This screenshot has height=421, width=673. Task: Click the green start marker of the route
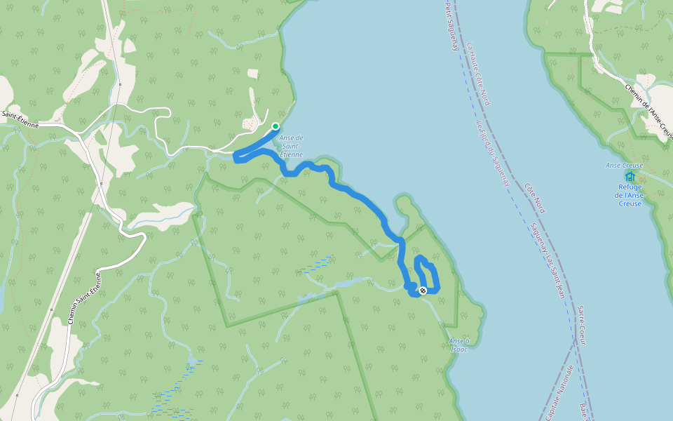pos(276,126)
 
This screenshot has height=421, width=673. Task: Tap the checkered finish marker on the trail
pos(423,290)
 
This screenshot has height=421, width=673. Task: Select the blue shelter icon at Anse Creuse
pos(630,177)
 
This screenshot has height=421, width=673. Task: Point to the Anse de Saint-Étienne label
pos(290,145)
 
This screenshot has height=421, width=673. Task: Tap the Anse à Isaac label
pos(458,345)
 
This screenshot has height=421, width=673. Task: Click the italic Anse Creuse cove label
pos(624,166)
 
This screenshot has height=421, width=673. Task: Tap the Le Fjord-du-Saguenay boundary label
pos(492,152)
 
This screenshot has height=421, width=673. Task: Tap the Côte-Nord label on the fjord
pos(534,198)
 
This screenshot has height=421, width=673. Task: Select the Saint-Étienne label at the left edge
pos(20,114)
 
